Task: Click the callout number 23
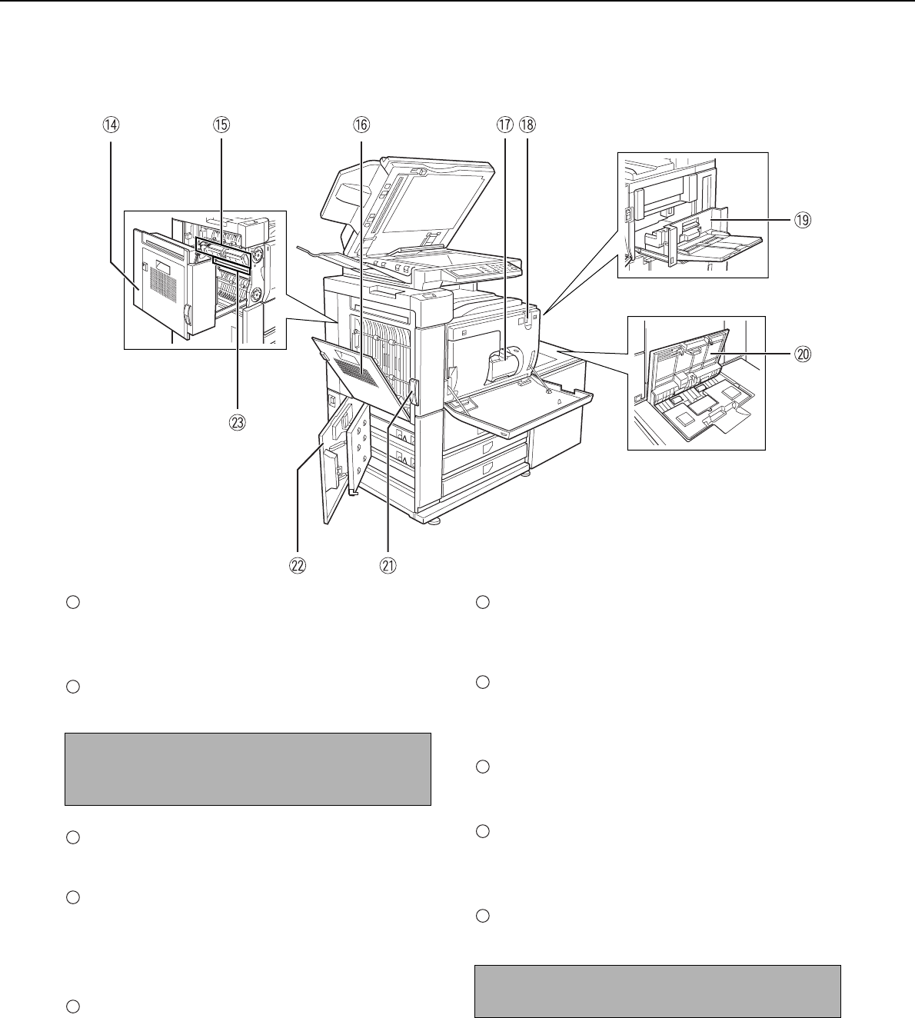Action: (238, 421)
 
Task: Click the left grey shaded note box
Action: (247, 769)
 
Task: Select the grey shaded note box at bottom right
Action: (657, 990)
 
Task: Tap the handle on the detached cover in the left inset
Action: (187, 314)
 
